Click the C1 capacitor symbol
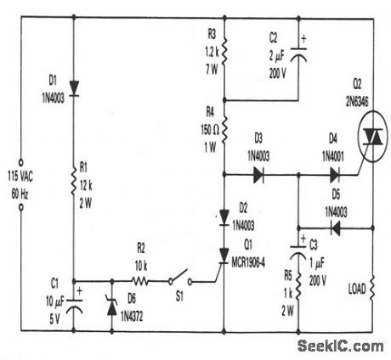click(x=74, y=305)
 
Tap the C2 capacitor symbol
click(x=299, y=53)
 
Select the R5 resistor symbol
click(x=299, y=290)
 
